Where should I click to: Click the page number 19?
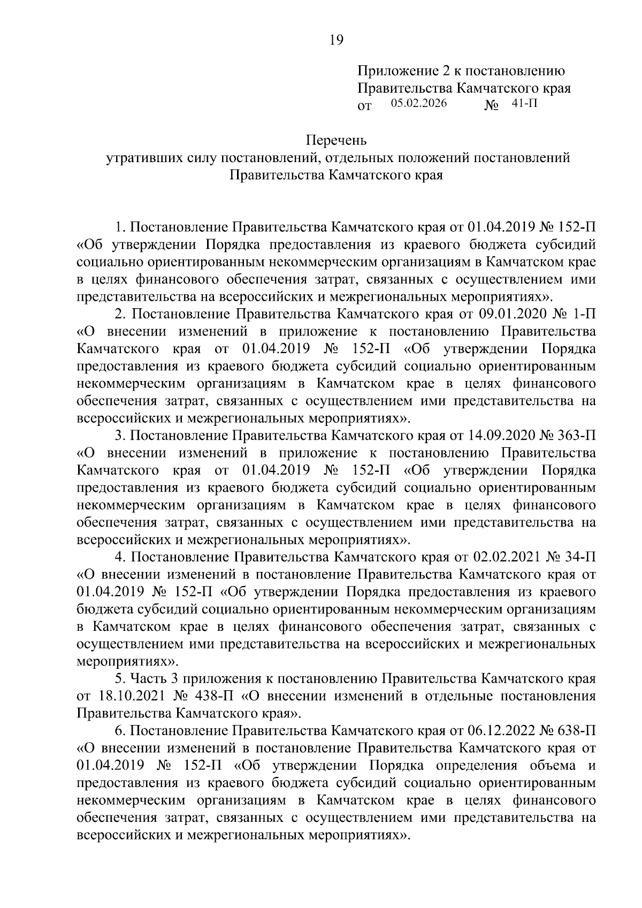point(336,41)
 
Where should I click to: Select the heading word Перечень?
point(336,141)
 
